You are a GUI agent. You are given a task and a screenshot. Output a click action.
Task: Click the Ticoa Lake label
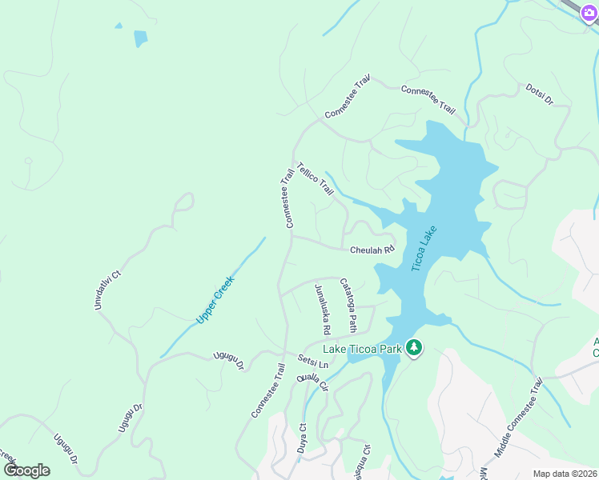424,249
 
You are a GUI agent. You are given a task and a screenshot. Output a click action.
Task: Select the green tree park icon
414,347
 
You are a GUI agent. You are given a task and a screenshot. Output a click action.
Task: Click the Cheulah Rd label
372,250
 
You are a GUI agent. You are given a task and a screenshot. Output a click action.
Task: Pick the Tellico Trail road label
315,179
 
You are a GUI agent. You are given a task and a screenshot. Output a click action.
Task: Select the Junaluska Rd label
323,309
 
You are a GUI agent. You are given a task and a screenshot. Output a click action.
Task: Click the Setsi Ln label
313,362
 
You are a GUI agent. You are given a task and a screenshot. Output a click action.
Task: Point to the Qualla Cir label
312,382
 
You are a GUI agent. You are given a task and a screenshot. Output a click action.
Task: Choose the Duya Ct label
303,438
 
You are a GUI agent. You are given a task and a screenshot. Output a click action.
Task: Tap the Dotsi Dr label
540,94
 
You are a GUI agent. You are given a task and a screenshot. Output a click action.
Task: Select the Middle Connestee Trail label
518,418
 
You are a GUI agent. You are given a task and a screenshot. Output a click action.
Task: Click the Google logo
26,470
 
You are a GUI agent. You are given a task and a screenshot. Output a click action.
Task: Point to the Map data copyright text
565,474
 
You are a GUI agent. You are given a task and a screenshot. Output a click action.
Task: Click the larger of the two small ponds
141,38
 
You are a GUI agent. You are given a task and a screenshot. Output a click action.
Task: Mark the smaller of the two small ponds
119,26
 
